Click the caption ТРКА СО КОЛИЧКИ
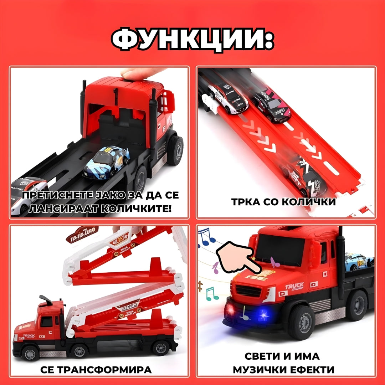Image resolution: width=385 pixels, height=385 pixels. point(283,202)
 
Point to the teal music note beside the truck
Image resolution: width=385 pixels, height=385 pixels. point(211,293)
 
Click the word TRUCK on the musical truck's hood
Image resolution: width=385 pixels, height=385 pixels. point(294,286)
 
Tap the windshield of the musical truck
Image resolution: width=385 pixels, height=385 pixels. point(281,249)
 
